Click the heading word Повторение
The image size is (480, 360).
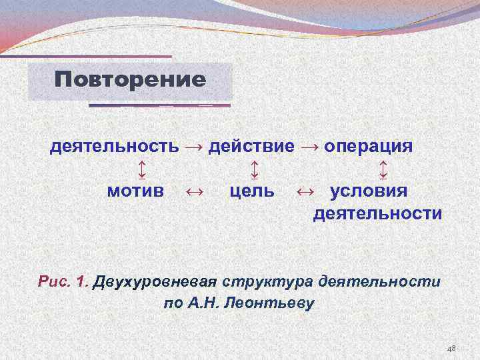(130, 81)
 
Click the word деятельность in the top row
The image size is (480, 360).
(114, 146)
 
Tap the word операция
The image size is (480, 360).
(368, 146)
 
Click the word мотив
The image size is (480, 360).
(135, 191)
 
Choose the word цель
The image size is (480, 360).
(251, 191)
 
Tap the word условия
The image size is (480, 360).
(369, 191)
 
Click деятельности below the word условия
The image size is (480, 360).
(377, 214)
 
